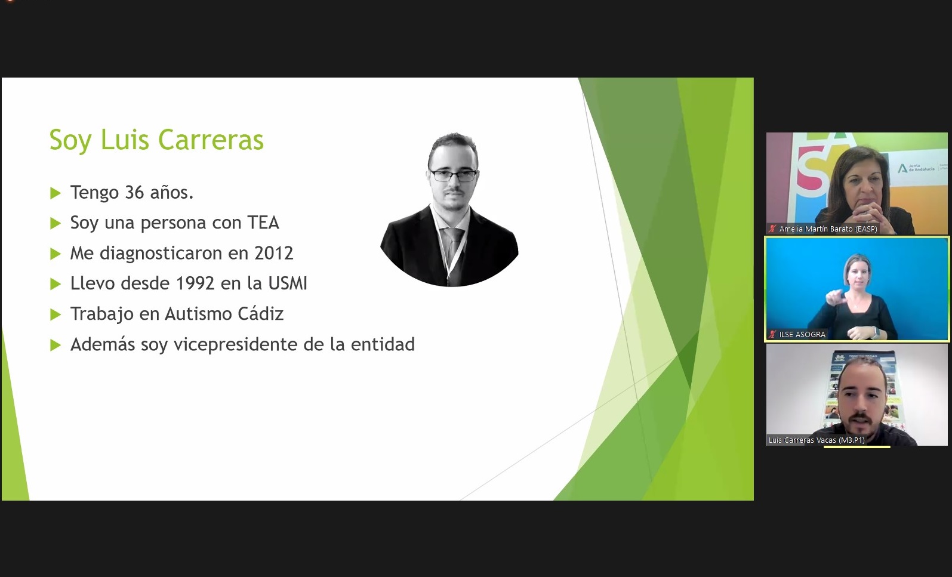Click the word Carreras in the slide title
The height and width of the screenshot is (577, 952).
(211, 140)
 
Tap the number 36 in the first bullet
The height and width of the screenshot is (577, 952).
(135, 193)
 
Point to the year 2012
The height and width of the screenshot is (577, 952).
(274, 253)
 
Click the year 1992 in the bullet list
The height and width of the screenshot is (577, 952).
(195, 283)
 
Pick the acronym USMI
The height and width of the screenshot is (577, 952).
(288, 283)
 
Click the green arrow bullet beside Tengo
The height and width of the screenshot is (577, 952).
(56, 193)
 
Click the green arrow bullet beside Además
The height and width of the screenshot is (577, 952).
(56, 344)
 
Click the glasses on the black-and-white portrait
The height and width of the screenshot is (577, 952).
(453, 175)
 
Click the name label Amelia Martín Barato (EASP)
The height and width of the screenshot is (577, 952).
(828, 229)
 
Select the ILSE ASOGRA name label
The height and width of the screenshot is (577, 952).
(802, 334)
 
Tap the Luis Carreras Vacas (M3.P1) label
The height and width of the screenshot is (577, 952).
(817, 440)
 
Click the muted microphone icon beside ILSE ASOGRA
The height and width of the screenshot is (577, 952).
(772, 334)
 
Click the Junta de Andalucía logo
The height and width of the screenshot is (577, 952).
(916, 168)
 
